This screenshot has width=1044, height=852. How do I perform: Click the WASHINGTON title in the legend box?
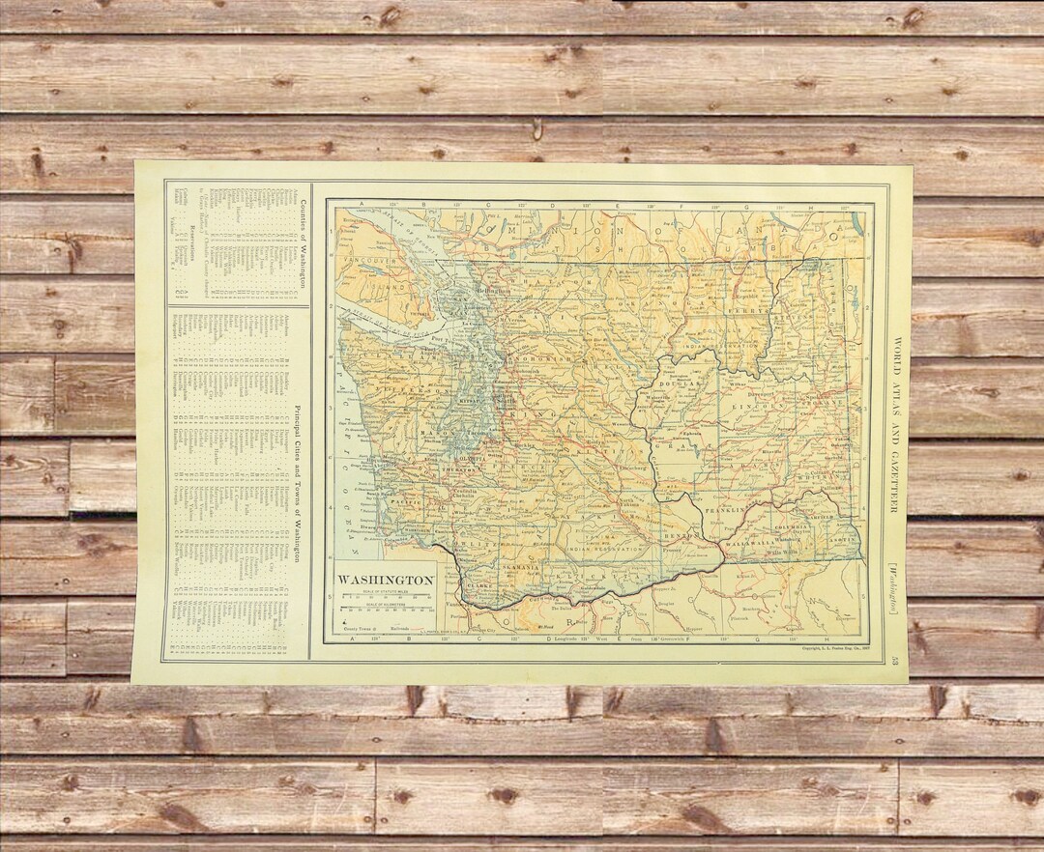(386, 580)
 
